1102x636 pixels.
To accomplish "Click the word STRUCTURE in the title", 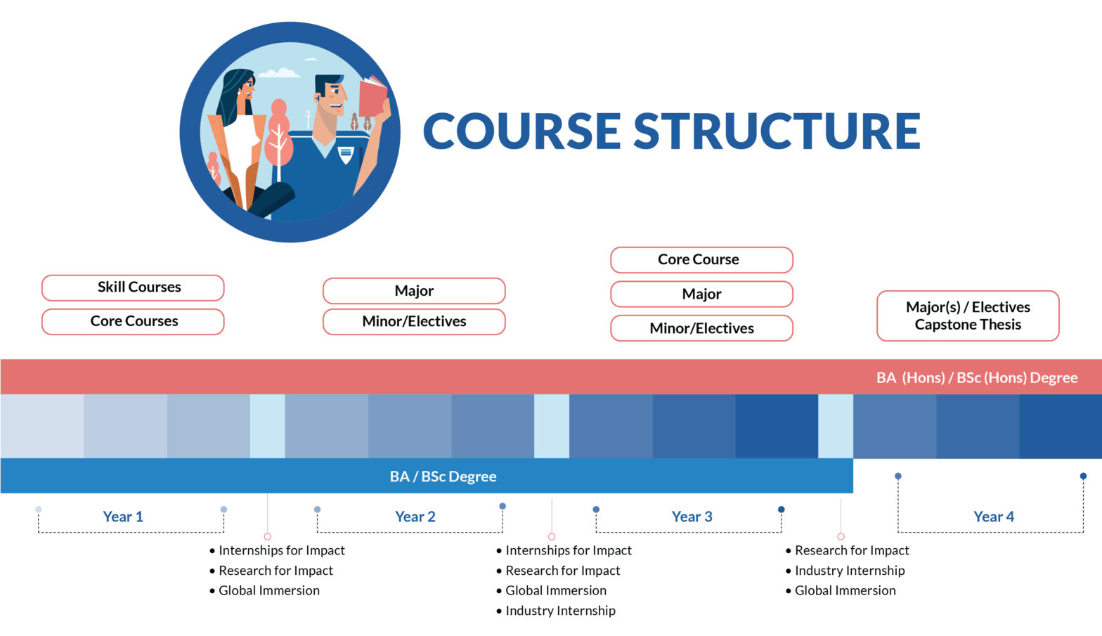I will pos(777,131).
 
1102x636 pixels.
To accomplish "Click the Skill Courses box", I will pos(133,287).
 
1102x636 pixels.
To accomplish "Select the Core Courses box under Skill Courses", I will pos(133,321).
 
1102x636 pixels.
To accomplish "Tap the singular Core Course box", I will pos(701,259).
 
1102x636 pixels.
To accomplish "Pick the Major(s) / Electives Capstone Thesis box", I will pos(967,316).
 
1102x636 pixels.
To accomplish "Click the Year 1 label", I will pos(123,517).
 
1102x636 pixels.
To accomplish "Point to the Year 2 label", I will pos(415,517).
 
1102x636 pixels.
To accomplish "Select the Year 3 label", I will pos(692,517).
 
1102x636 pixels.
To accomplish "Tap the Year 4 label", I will pos(993,517).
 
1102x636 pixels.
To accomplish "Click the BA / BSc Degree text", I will pos(443,476).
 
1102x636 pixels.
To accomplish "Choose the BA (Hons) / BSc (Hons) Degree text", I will pos(976,377).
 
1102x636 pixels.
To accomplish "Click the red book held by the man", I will pos(372,98).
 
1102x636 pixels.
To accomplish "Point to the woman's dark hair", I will pos(232,91).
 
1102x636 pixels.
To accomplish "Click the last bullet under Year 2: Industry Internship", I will pos(559,611).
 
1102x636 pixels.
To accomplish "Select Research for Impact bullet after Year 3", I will pos(851,550).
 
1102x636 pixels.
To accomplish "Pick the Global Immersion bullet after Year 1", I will pos(268,590).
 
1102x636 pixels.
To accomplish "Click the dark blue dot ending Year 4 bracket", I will pos(1083,476).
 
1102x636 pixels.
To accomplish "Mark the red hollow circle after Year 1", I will pos(267,536).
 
